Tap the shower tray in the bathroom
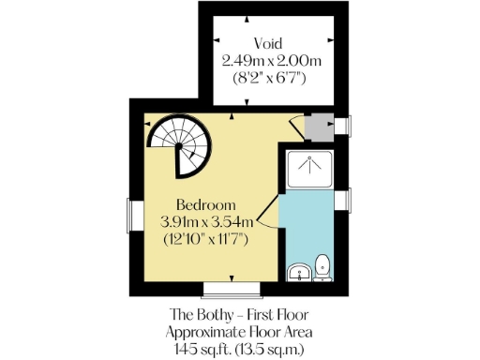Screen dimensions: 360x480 [x=308, y=168]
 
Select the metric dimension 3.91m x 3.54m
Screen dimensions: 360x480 [x=205, y=221]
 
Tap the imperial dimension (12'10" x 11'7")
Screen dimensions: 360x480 [x=205, y=238]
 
